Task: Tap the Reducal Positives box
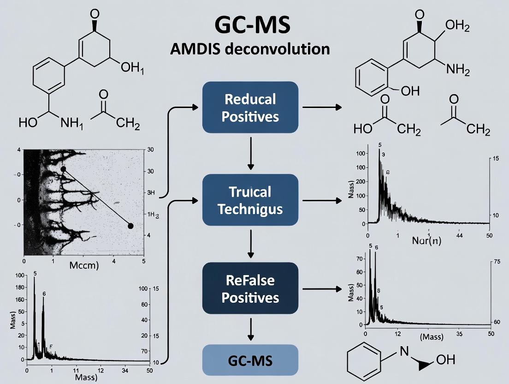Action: (x=250, y=108)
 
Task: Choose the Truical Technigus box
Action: (x=250, y=200)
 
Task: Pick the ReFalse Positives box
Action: (x=250, y=288)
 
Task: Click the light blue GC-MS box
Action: (x=250, y=360)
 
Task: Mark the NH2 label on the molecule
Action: (x=458, y=70)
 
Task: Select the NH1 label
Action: (x=71, y=123)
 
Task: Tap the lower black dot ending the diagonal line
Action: (x=130, y=226)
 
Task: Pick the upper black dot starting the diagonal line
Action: (x=63, y=169)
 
